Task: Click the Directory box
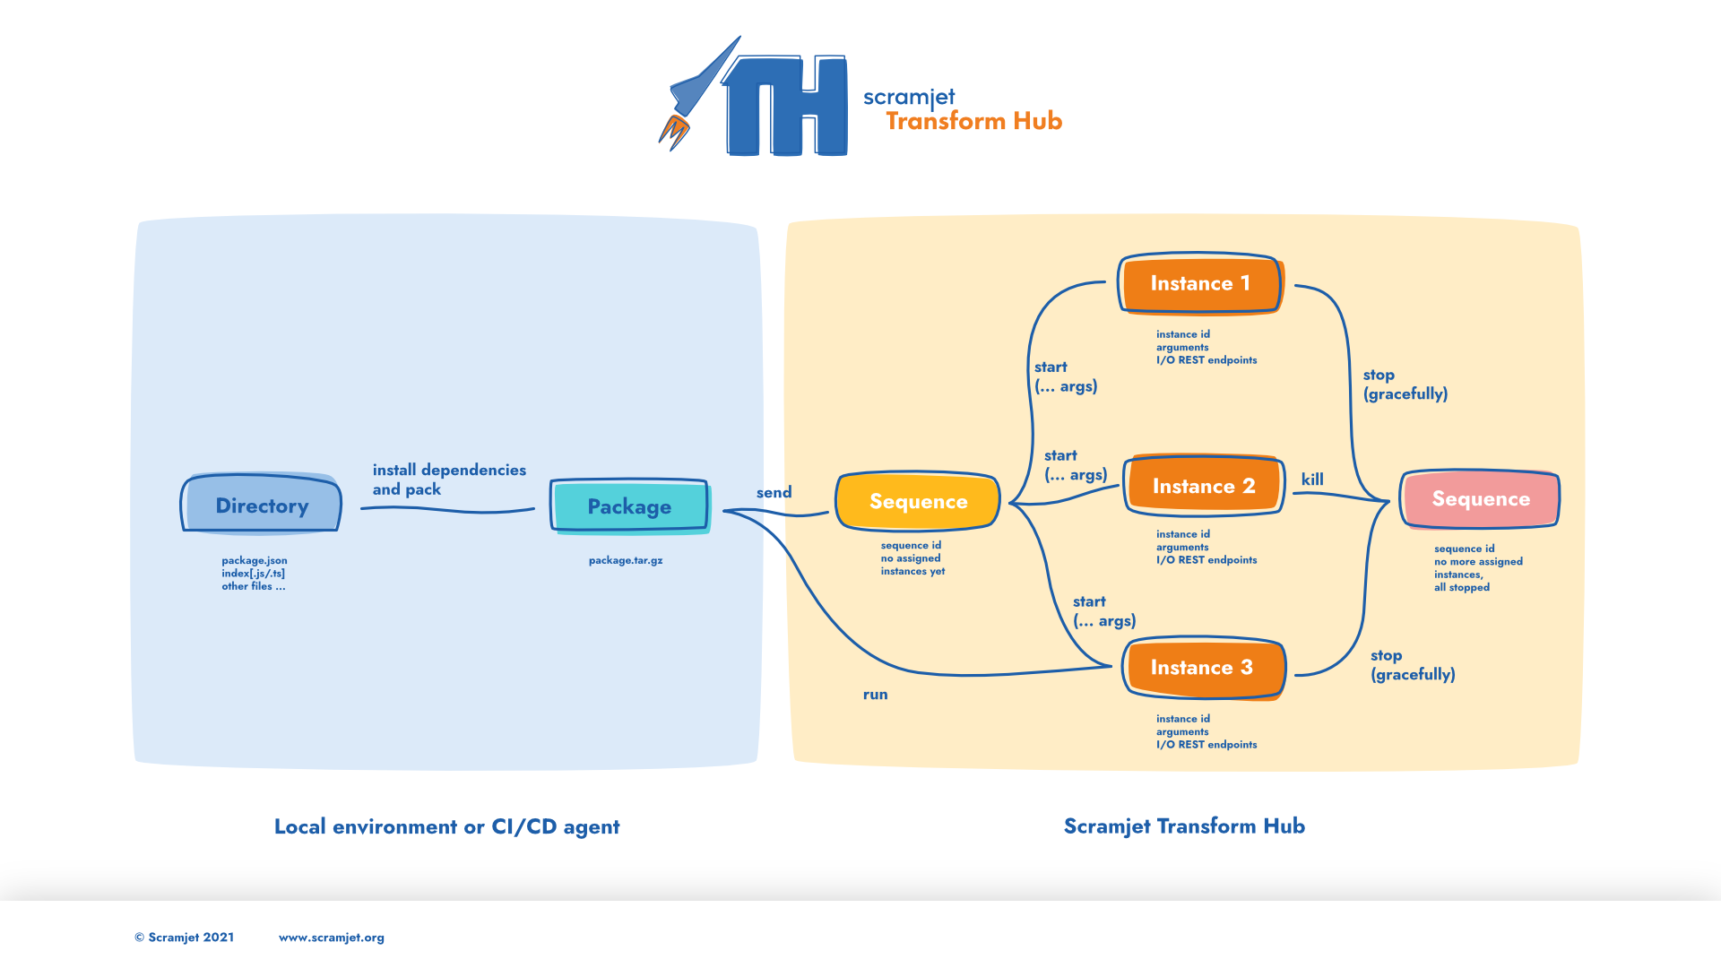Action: tap(261, 504)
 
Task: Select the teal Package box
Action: tap(630, 506)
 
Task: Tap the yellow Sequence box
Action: tap(918, 501)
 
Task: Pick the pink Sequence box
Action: tap(1481, 499)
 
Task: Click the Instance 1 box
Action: tap(1201, 283)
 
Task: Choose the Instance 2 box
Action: tap(1204, 486)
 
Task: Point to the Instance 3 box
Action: tap(1203, 668)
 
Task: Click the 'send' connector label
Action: tap(774, 492)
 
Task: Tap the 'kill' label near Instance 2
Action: tap(1312, 480)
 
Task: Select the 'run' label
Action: tap(876, 695)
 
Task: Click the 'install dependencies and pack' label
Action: tap(449, 480)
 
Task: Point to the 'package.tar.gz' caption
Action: tap(626, 560)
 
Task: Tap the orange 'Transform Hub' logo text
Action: tap(974, 121)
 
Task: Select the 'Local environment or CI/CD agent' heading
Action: tap(447, 826)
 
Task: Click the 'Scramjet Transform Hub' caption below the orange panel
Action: tap(1184, 826)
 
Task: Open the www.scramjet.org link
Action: tap(332, 938)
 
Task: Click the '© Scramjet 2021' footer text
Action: tap(185, 938)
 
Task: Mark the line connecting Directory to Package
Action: tap(447, 510)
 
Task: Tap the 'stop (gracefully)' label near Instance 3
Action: tap(1413, 665)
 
